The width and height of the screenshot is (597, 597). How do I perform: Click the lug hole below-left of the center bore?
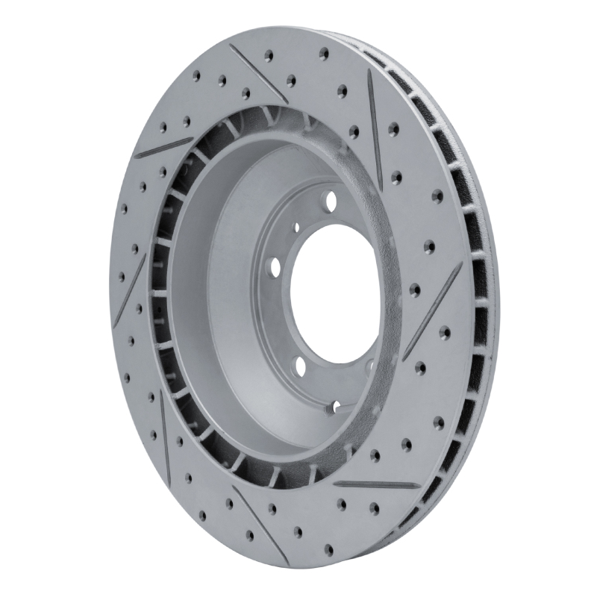(299, 366)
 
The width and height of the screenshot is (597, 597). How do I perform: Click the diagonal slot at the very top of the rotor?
(257, 72)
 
